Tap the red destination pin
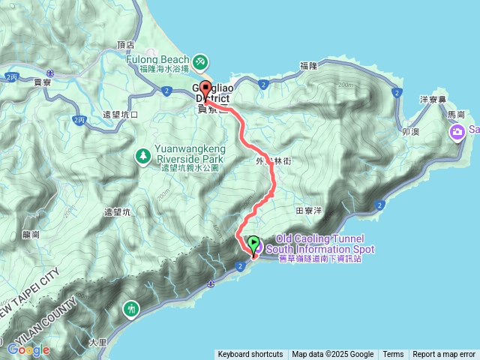click(x=206, y=88)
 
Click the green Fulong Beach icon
click(x=201, y=61)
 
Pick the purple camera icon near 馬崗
click(x=457, y=132)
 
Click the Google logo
click(x=28, y=349)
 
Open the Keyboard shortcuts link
click(x=250, y=355)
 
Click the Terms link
click(x=393, y=355)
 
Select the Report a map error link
click(x=445, y=355)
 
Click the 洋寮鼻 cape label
click(x=432, y=99)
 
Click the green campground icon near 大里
click(x=132, y=308)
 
